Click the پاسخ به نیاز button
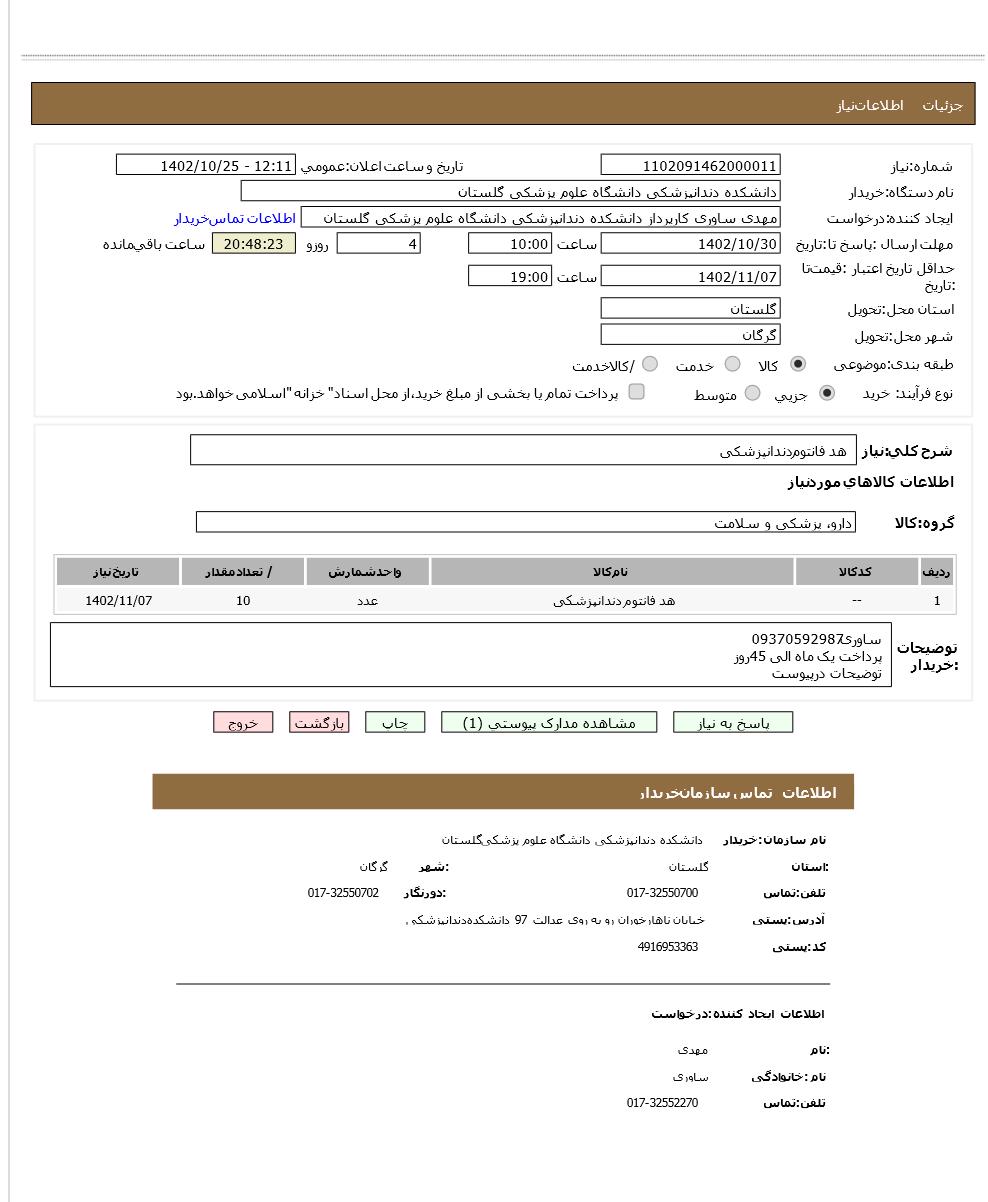point(732,723)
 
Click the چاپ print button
point(395,723)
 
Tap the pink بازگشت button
point(319,723)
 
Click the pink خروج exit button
point(243,723)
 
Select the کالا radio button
point(798,365)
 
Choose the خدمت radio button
point(733,365)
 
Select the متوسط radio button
point(752,394)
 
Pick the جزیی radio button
point(826,394)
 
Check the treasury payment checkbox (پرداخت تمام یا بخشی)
point(636,392)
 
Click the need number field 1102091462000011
point(690,166)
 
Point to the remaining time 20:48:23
point(254,244)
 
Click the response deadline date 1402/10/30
point(690,244)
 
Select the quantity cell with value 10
point(243,601)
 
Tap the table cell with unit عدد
point(368,601)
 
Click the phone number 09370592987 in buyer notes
point(799,639)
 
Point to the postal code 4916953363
point(667,947)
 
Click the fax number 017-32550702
point(343,893)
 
